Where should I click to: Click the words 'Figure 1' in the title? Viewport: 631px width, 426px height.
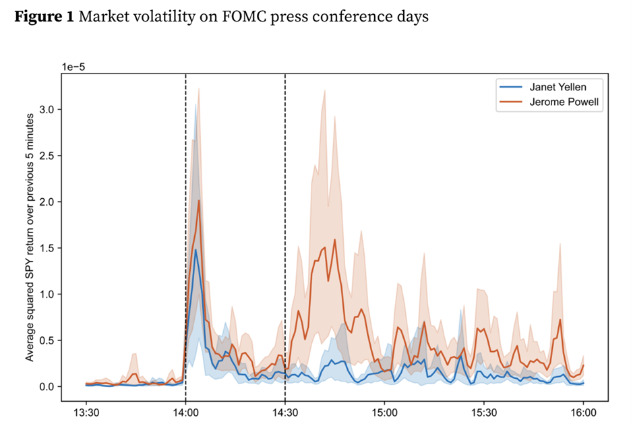point(44,18)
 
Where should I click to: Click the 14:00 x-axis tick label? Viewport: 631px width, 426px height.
point(185,410)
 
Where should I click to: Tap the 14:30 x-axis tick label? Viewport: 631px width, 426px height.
point(285,410)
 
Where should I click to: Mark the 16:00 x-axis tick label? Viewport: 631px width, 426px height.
point(583,410)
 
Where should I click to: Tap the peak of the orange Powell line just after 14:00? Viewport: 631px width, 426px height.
point(199,200)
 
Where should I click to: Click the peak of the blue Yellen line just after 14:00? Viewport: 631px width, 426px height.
point(196,249)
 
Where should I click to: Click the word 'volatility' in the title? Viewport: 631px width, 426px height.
point(151,18)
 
